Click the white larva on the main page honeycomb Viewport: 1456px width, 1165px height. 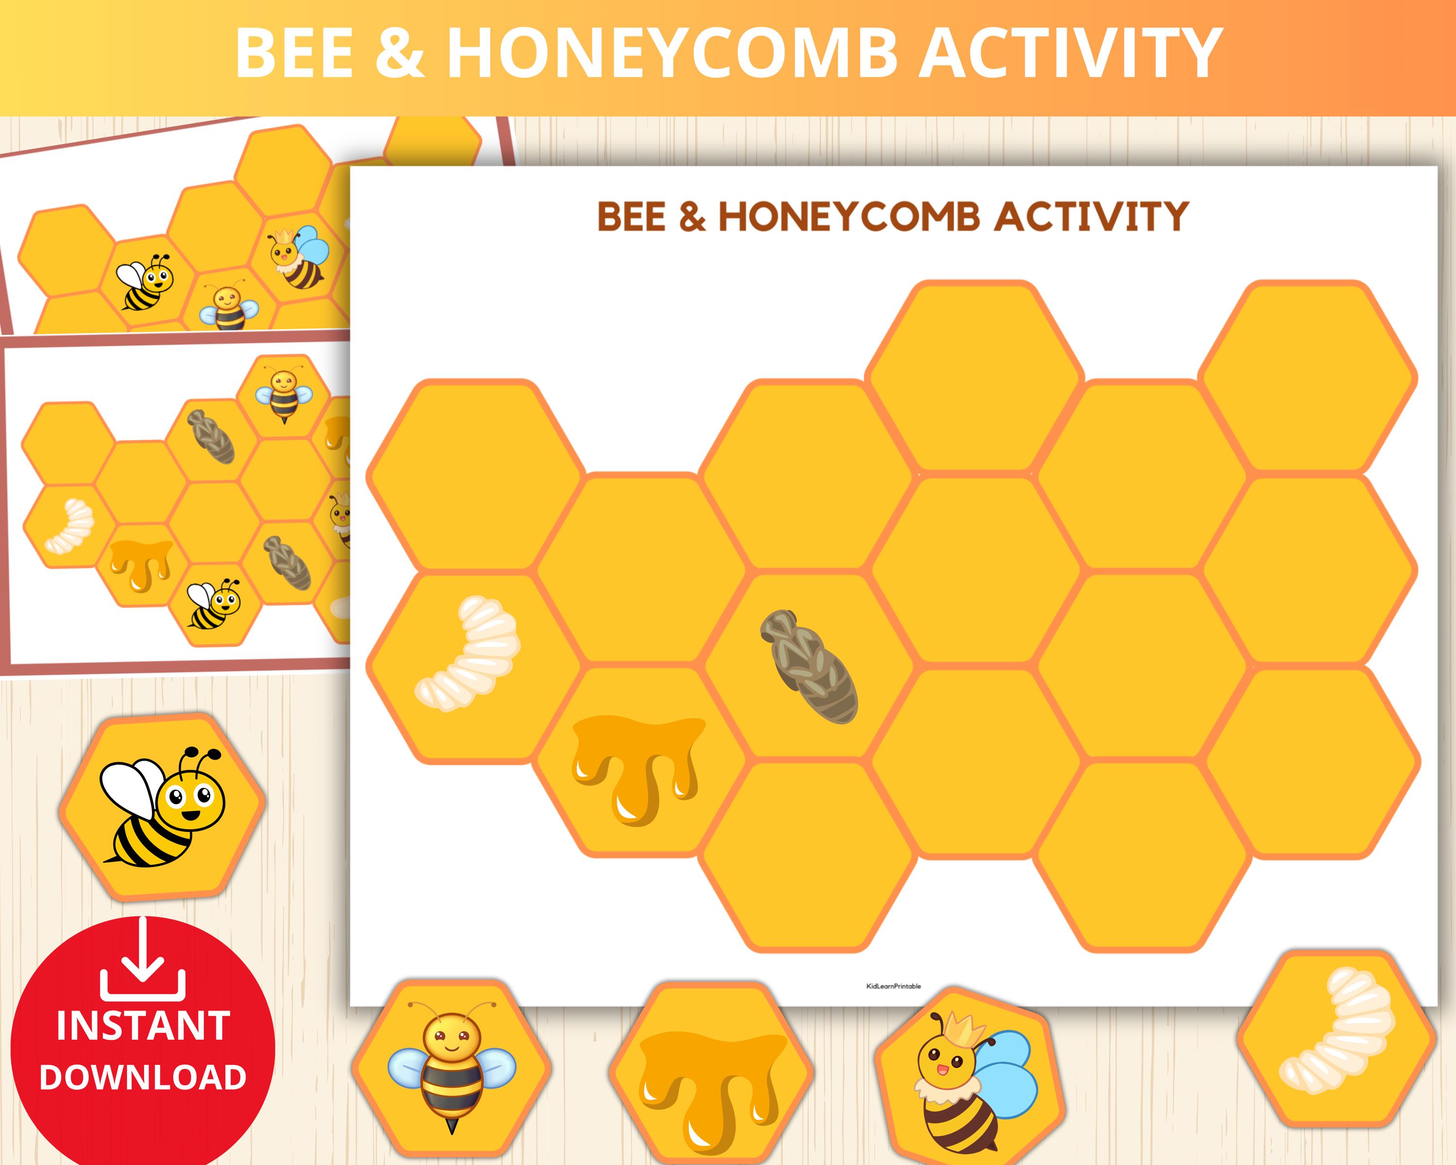[467, 654]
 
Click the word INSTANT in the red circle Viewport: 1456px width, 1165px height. [143, 1027]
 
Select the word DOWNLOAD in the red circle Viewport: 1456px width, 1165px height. [143, 1077]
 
